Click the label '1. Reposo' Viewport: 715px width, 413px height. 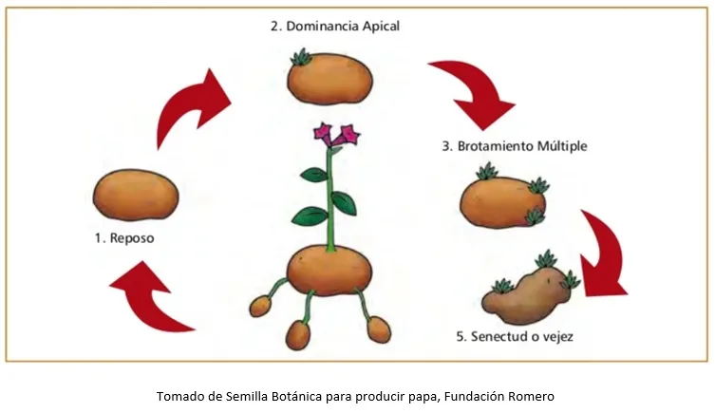(124, 238)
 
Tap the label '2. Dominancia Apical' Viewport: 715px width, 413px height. (335, 26)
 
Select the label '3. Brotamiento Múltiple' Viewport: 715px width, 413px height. (515, 146)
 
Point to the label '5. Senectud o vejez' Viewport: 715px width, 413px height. (515, 336)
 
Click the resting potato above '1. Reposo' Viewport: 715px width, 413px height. (136, 195)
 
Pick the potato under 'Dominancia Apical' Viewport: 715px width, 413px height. (330, 79)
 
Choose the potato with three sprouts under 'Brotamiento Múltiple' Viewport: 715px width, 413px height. (503, 201)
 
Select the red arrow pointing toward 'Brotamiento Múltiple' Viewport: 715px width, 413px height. (479, 91)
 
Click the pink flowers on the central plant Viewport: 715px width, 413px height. (336, 135)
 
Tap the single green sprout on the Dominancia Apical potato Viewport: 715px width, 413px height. (301, 57)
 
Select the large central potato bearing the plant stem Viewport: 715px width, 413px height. (329, 270)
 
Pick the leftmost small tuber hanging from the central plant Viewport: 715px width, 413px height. (260, 306)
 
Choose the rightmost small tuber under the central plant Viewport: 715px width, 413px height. (379, 329)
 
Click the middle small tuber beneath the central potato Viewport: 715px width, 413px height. (298, 334)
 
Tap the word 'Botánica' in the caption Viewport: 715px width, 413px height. (296, 397)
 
